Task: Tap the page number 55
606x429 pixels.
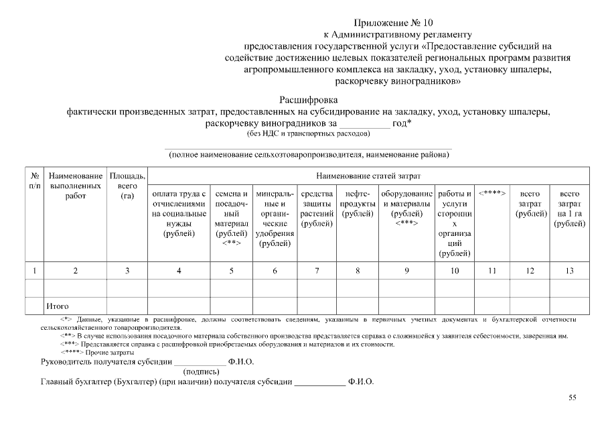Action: click(573, 397)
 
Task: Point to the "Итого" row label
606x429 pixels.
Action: click(58, 306)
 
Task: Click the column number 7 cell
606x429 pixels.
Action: click(317, 271)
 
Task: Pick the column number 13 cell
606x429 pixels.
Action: click(569, 271)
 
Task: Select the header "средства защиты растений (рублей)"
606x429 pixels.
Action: click(317, 208)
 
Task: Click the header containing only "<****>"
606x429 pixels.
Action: click(492, 194)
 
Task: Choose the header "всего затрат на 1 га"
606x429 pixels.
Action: click(569, 208)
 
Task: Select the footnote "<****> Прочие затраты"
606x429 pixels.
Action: click(97, 352)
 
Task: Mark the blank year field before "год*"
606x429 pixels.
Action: click(364, 123)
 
